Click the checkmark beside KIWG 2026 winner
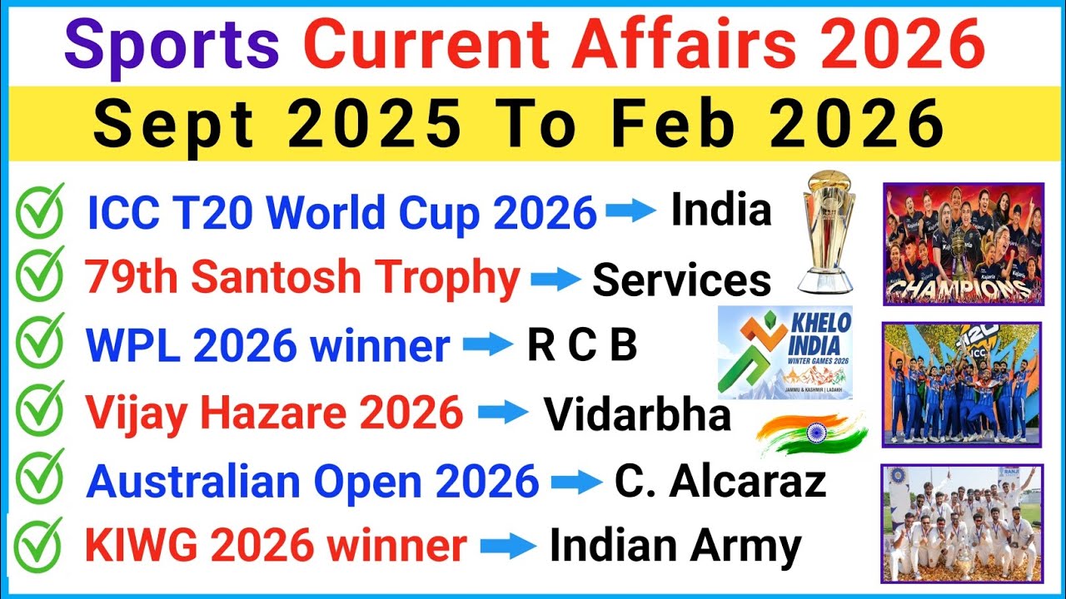(x=39, y=546)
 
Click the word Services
(x=681, y=281)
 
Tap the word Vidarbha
(x=637, y=414)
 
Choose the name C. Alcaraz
(x=720, y=481)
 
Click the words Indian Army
(x=675, y=547)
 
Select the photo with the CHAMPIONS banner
(x=963, y=244)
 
